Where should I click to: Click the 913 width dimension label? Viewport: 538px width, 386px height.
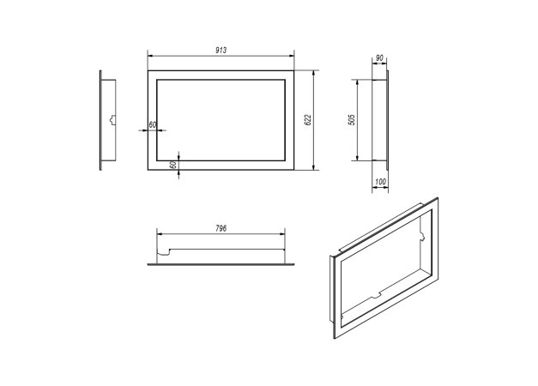(221, 50)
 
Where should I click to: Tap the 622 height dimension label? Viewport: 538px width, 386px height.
(308, 119)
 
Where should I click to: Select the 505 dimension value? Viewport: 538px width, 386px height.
(352, 119)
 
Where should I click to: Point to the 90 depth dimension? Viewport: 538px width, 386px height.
(379, 58)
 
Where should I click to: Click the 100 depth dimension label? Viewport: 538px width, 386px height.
(380, 182)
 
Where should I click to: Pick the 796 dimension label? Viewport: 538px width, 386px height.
(221, 228)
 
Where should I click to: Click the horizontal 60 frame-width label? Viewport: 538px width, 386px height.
(153, 125)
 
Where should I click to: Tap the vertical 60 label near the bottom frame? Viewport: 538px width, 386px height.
(173, 165)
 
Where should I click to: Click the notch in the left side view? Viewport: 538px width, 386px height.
(112, 120)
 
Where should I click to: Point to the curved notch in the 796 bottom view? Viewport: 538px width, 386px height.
(164, 252)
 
